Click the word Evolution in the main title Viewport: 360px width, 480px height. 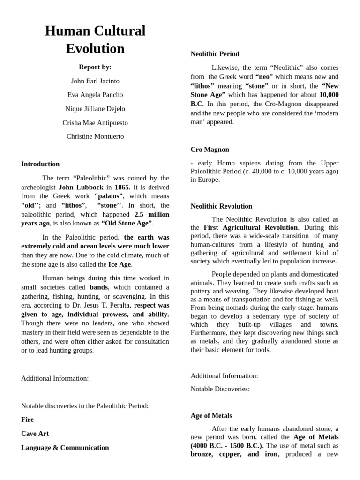point(95,49)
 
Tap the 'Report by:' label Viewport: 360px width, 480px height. point(95,67)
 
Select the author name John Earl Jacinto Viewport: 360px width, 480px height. point(95,81)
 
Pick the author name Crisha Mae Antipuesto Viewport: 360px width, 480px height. point(95,123)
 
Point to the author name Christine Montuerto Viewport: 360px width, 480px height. point(95,137)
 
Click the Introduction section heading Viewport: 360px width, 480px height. point(40,164)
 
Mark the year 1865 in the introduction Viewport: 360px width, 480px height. point(122,187)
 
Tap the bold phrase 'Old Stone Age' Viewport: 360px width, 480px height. point(127,223)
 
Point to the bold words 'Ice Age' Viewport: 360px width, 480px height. point(120,264)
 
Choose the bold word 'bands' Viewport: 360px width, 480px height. point(98,287)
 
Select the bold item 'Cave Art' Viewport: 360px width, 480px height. point(35,434)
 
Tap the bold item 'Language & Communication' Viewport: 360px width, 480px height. point(65,448)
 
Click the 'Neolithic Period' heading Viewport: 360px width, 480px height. point(215,54)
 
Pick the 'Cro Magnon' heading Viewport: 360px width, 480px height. point(210,150)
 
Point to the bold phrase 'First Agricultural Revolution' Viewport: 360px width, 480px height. point(251,228)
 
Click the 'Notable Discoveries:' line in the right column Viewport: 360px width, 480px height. point(220,389)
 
